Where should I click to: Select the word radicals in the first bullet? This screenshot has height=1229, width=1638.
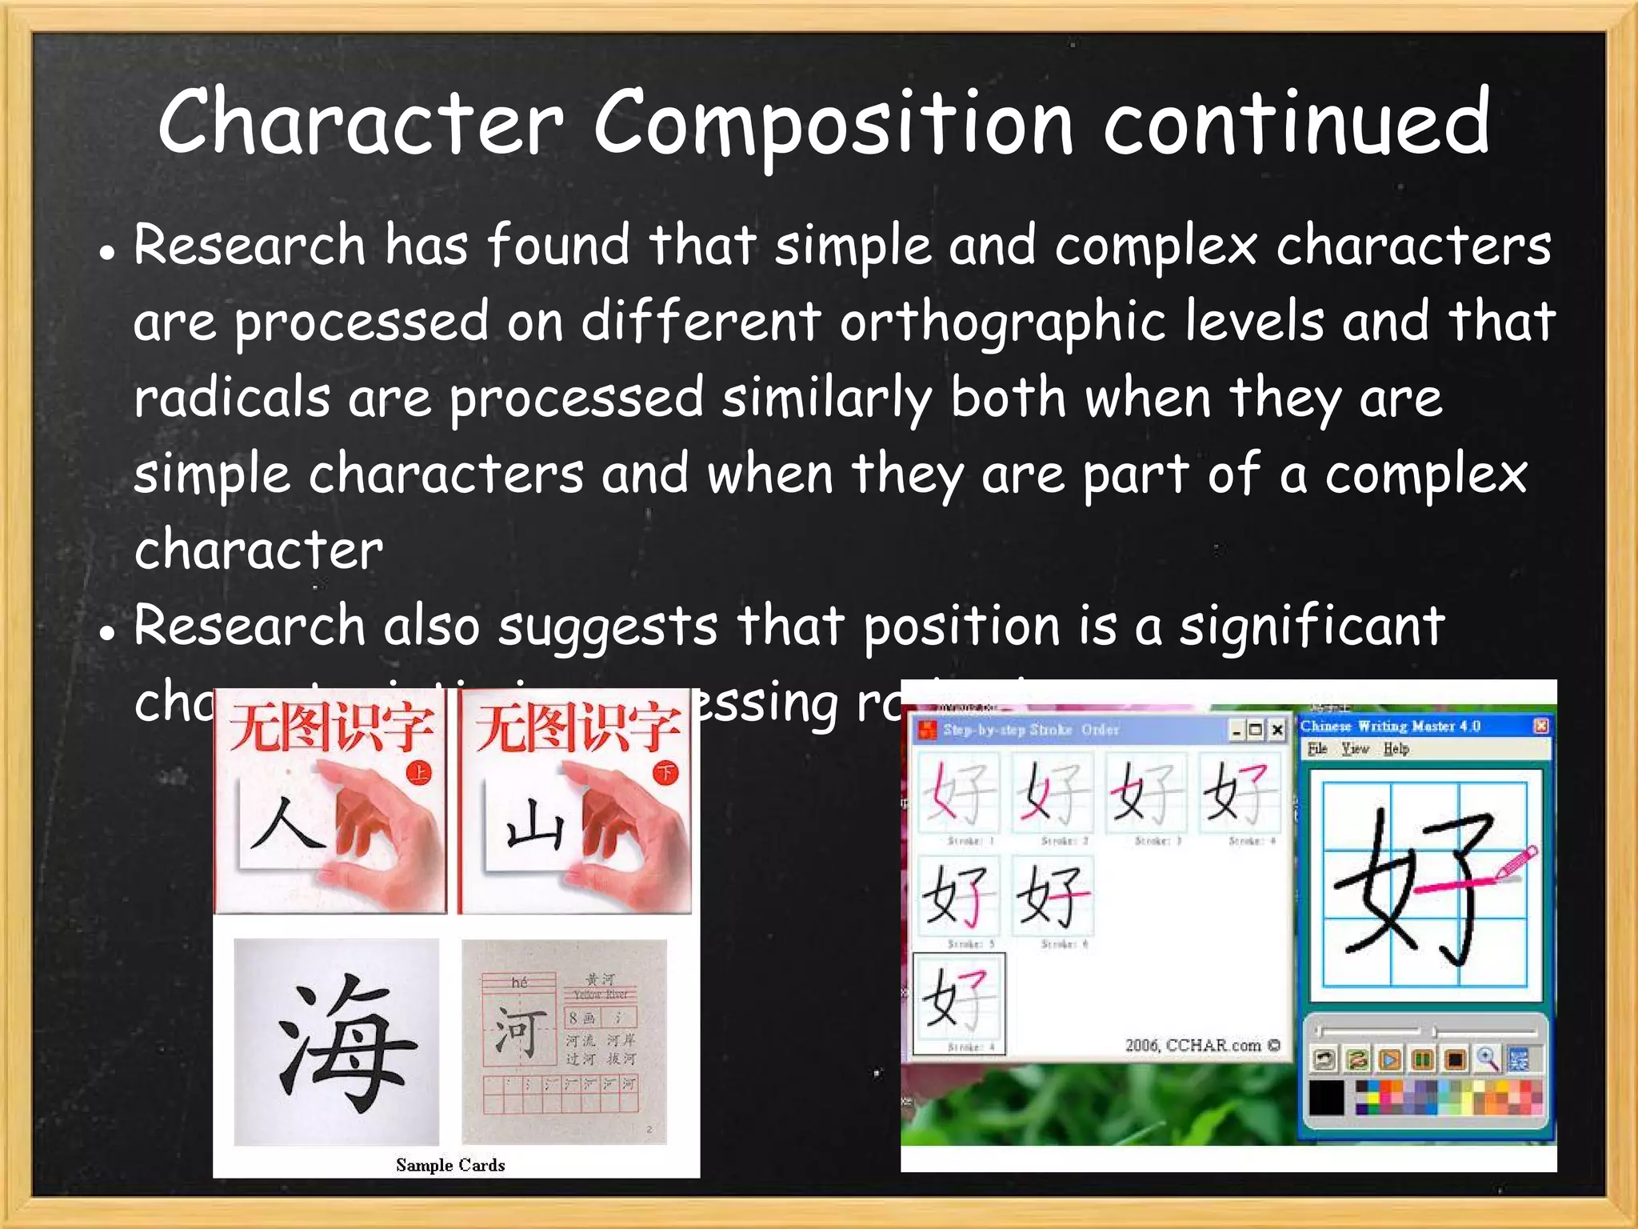pos(232,398)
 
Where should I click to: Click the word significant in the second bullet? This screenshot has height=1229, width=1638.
pos(1312,627)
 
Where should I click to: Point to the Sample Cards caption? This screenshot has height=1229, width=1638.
pos(450,1165)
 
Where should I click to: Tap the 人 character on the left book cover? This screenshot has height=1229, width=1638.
pos(286,824)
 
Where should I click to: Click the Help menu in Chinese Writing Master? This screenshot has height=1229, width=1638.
pos(1396,749)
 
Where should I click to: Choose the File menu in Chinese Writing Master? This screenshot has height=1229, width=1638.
pos(1317,749)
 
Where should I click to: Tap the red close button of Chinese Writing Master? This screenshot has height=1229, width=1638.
pos(1541,726)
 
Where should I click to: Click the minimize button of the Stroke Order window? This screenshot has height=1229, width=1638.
pos(1236,730)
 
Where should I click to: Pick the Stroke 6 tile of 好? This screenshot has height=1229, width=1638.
pos(1051,896)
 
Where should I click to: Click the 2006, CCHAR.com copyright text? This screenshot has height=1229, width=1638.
pos(1202,1045)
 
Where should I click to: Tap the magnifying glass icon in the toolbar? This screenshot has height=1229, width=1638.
pos(1487,1059)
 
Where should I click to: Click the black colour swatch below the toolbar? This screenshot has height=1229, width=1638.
pos(1327,1097)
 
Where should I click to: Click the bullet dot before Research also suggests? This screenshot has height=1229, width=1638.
pos(106,631)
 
